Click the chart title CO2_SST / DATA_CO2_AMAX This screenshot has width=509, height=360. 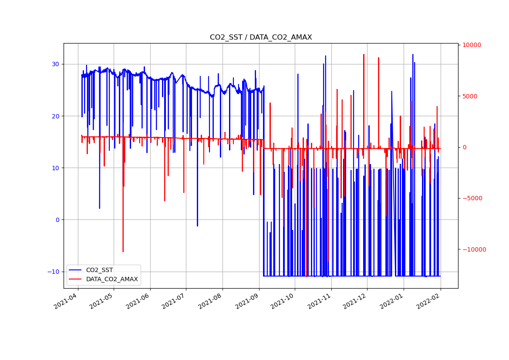pyautogui.click(x=261, y=37)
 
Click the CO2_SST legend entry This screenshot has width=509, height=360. pyautogui.click(x=99, y=270)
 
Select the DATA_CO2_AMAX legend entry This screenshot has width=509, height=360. pyautogui.click(x=111, y=279)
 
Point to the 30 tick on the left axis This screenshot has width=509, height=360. pyautogui.click(x=56, y=64)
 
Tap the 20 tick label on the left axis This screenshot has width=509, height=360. pyautogui.click(x=56, y=116)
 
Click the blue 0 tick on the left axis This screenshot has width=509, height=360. pyautogui.click(x=57, y=220)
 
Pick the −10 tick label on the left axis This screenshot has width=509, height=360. pyautogui.click(x=54, y=272)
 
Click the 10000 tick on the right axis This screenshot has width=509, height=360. pyautogui.click(x=472, y=45)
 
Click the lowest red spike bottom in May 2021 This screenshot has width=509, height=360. pyautogui.click(x=123, y=252)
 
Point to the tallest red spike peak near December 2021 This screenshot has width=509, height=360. pyautogui.click(x=364, y=54)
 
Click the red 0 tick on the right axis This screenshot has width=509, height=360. pyautogui.click(x=465, y=147)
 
